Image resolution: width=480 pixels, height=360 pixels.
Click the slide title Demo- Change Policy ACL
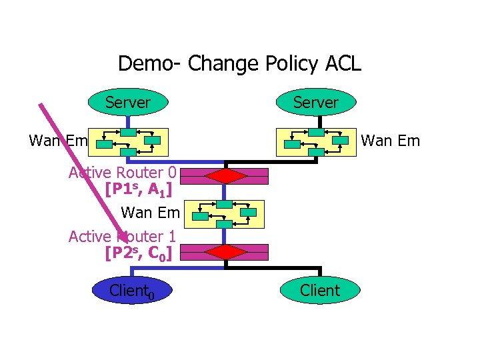(239, 64)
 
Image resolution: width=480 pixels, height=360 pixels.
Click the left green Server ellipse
(128, 103)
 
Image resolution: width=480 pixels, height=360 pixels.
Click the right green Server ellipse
(316, 103)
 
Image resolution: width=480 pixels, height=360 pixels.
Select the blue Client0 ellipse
(132, 291)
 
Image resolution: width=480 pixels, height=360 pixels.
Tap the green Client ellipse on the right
(320, 291)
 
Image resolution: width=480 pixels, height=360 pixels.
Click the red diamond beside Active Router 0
(227, 176)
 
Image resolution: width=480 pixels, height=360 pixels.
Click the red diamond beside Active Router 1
(227, 252)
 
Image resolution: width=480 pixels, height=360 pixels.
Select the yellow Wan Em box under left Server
(131, 141)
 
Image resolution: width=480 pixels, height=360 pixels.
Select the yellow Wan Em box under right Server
(316, 141)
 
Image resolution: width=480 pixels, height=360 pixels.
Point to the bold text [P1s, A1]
(139, 190)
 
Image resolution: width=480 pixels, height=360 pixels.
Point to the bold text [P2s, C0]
(139, 253)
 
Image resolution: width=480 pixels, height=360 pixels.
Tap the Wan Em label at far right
(391, 141)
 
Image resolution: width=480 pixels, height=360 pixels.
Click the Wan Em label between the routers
(151, 213)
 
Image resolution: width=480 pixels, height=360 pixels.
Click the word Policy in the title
(286, 64)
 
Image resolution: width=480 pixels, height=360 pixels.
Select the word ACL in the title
(341, 64)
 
